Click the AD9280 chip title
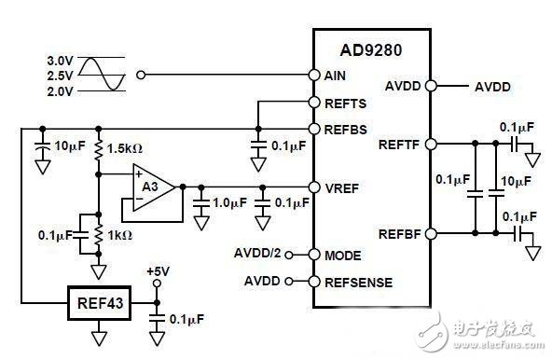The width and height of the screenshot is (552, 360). tap(371, 50)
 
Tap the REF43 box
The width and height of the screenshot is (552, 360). tap(100, 303)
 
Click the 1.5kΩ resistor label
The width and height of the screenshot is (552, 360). tap(125, 148)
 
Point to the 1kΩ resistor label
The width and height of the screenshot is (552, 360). tap(120, 235)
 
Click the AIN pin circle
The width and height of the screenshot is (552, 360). tap(314, 75)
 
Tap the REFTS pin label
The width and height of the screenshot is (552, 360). tap(345, 104)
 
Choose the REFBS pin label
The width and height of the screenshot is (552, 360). tap(345, 130)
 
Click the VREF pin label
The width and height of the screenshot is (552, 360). tap(342, 188)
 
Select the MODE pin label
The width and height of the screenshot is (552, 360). tap(343, 256)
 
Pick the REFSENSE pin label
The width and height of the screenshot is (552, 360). tap(358, 283)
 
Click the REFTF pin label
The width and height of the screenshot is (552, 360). tap(399, 145)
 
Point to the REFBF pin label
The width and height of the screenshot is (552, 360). tap(399, 234)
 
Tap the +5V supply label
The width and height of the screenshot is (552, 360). tap(159, 271)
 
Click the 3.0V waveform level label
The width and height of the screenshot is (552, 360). tap(61, 61)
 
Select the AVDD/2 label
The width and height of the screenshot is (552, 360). tap(257, 253)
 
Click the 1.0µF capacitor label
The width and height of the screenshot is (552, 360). tap(229, 202)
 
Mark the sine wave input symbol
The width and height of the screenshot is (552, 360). tap(102, 75)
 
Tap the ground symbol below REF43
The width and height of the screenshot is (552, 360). tap(99, 339)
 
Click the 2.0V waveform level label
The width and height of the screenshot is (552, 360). tap(61, 91)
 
